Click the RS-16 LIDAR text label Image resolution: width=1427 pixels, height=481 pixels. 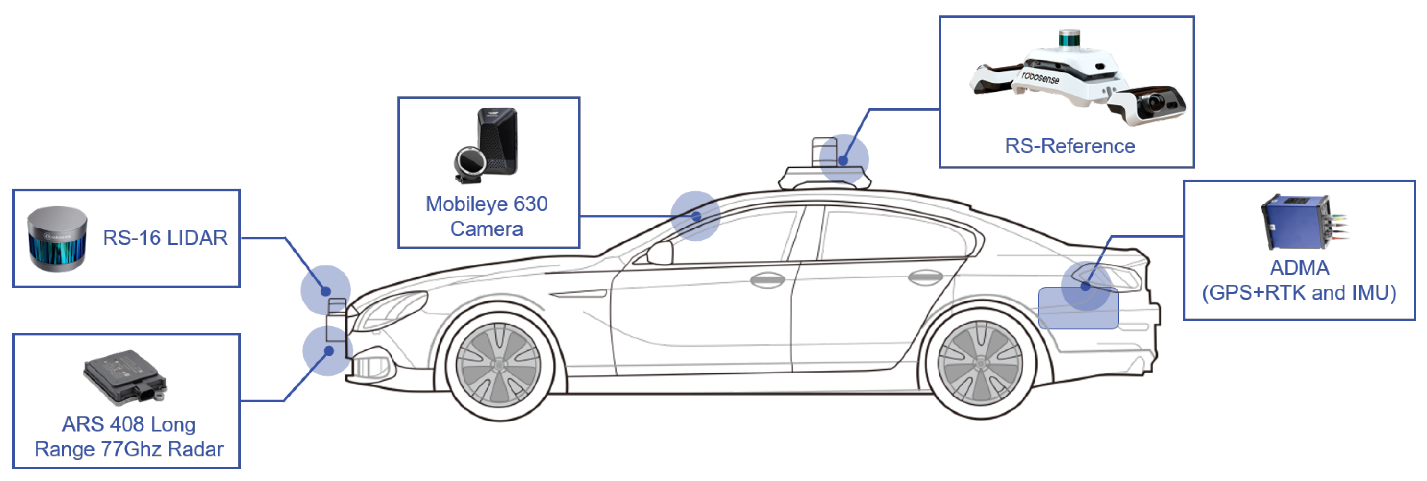[165, 238]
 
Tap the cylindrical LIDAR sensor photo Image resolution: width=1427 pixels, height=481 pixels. [58, 239]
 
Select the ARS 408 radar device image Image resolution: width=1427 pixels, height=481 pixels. [125, 376]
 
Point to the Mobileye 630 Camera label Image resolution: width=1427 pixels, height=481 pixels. [487, 216]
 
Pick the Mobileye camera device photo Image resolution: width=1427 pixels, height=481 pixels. [488, 145]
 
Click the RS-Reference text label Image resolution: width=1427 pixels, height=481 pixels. [1070, 146]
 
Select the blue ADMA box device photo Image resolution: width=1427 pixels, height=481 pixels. [1299, 222]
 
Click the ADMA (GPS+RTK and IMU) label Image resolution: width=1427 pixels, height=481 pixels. [1299, 280]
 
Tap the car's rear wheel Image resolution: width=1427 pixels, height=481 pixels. [980, 363]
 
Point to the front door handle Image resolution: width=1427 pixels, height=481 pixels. [767, 279]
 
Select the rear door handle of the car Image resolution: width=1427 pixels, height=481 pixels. [925, 276]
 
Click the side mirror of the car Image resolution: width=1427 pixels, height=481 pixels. [660, 253]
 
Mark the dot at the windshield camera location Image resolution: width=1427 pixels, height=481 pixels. [696, 216]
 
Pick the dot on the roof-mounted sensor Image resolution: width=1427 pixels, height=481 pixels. [843, 160]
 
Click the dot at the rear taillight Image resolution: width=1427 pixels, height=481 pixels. [1086, 286]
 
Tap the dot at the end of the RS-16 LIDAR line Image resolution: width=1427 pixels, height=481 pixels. [326, 291]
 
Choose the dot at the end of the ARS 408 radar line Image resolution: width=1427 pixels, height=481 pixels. [329, 351]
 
